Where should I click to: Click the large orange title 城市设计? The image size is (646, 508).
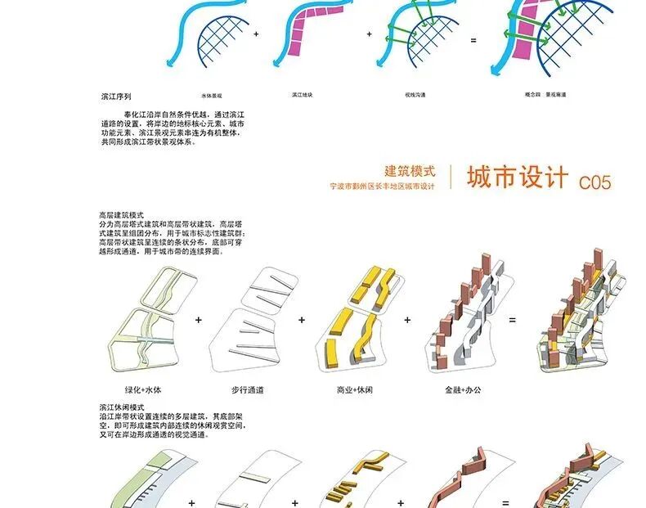(517, 178)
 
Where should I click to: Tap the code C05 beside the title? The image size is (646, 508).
(594, 182)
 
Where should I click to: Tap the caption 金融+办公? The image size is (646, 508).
(462, 390)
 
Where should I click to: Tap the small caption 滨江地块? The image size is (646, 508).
(304, 96)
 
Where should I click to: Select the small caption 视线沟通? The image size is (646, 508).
(417, 96)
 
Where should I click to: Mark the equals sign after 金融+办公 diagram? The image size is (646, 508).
(513, 320)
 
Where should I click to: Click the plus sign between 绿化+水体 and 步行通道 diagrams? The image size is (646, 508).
(199, 320)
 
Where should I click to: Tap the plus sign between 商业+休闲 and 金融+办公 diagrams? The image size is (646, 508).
(407, 320)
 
